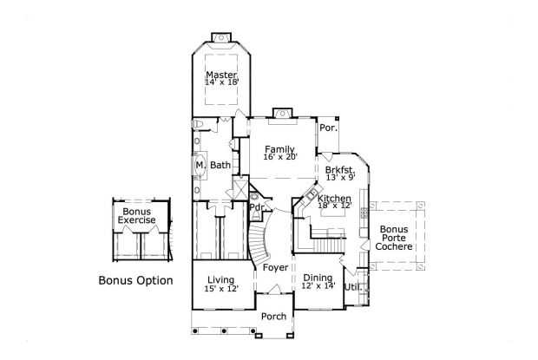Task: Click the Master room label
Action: coord(221,75)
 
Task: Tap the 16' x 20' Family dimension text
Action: coord(279,157)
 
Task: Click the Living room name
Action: coord(221,278)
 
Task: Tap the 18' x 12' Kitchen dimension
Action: coord(335,206)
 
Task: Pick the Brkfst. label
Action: coord(339,169)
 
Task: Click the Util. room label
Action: coord(351,286)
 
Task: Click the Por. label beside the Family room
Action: coord(327,127)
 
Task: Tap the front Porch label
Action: coord(274,316)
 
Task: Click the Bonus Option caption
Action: coord(135,281)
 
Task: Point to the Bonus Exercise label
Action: coord(137,216)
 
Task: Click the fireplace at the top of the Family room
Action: coord(279,112)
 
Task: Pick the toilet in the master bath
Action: coord(199,127)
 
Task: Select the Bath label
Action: coord(220,165)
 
